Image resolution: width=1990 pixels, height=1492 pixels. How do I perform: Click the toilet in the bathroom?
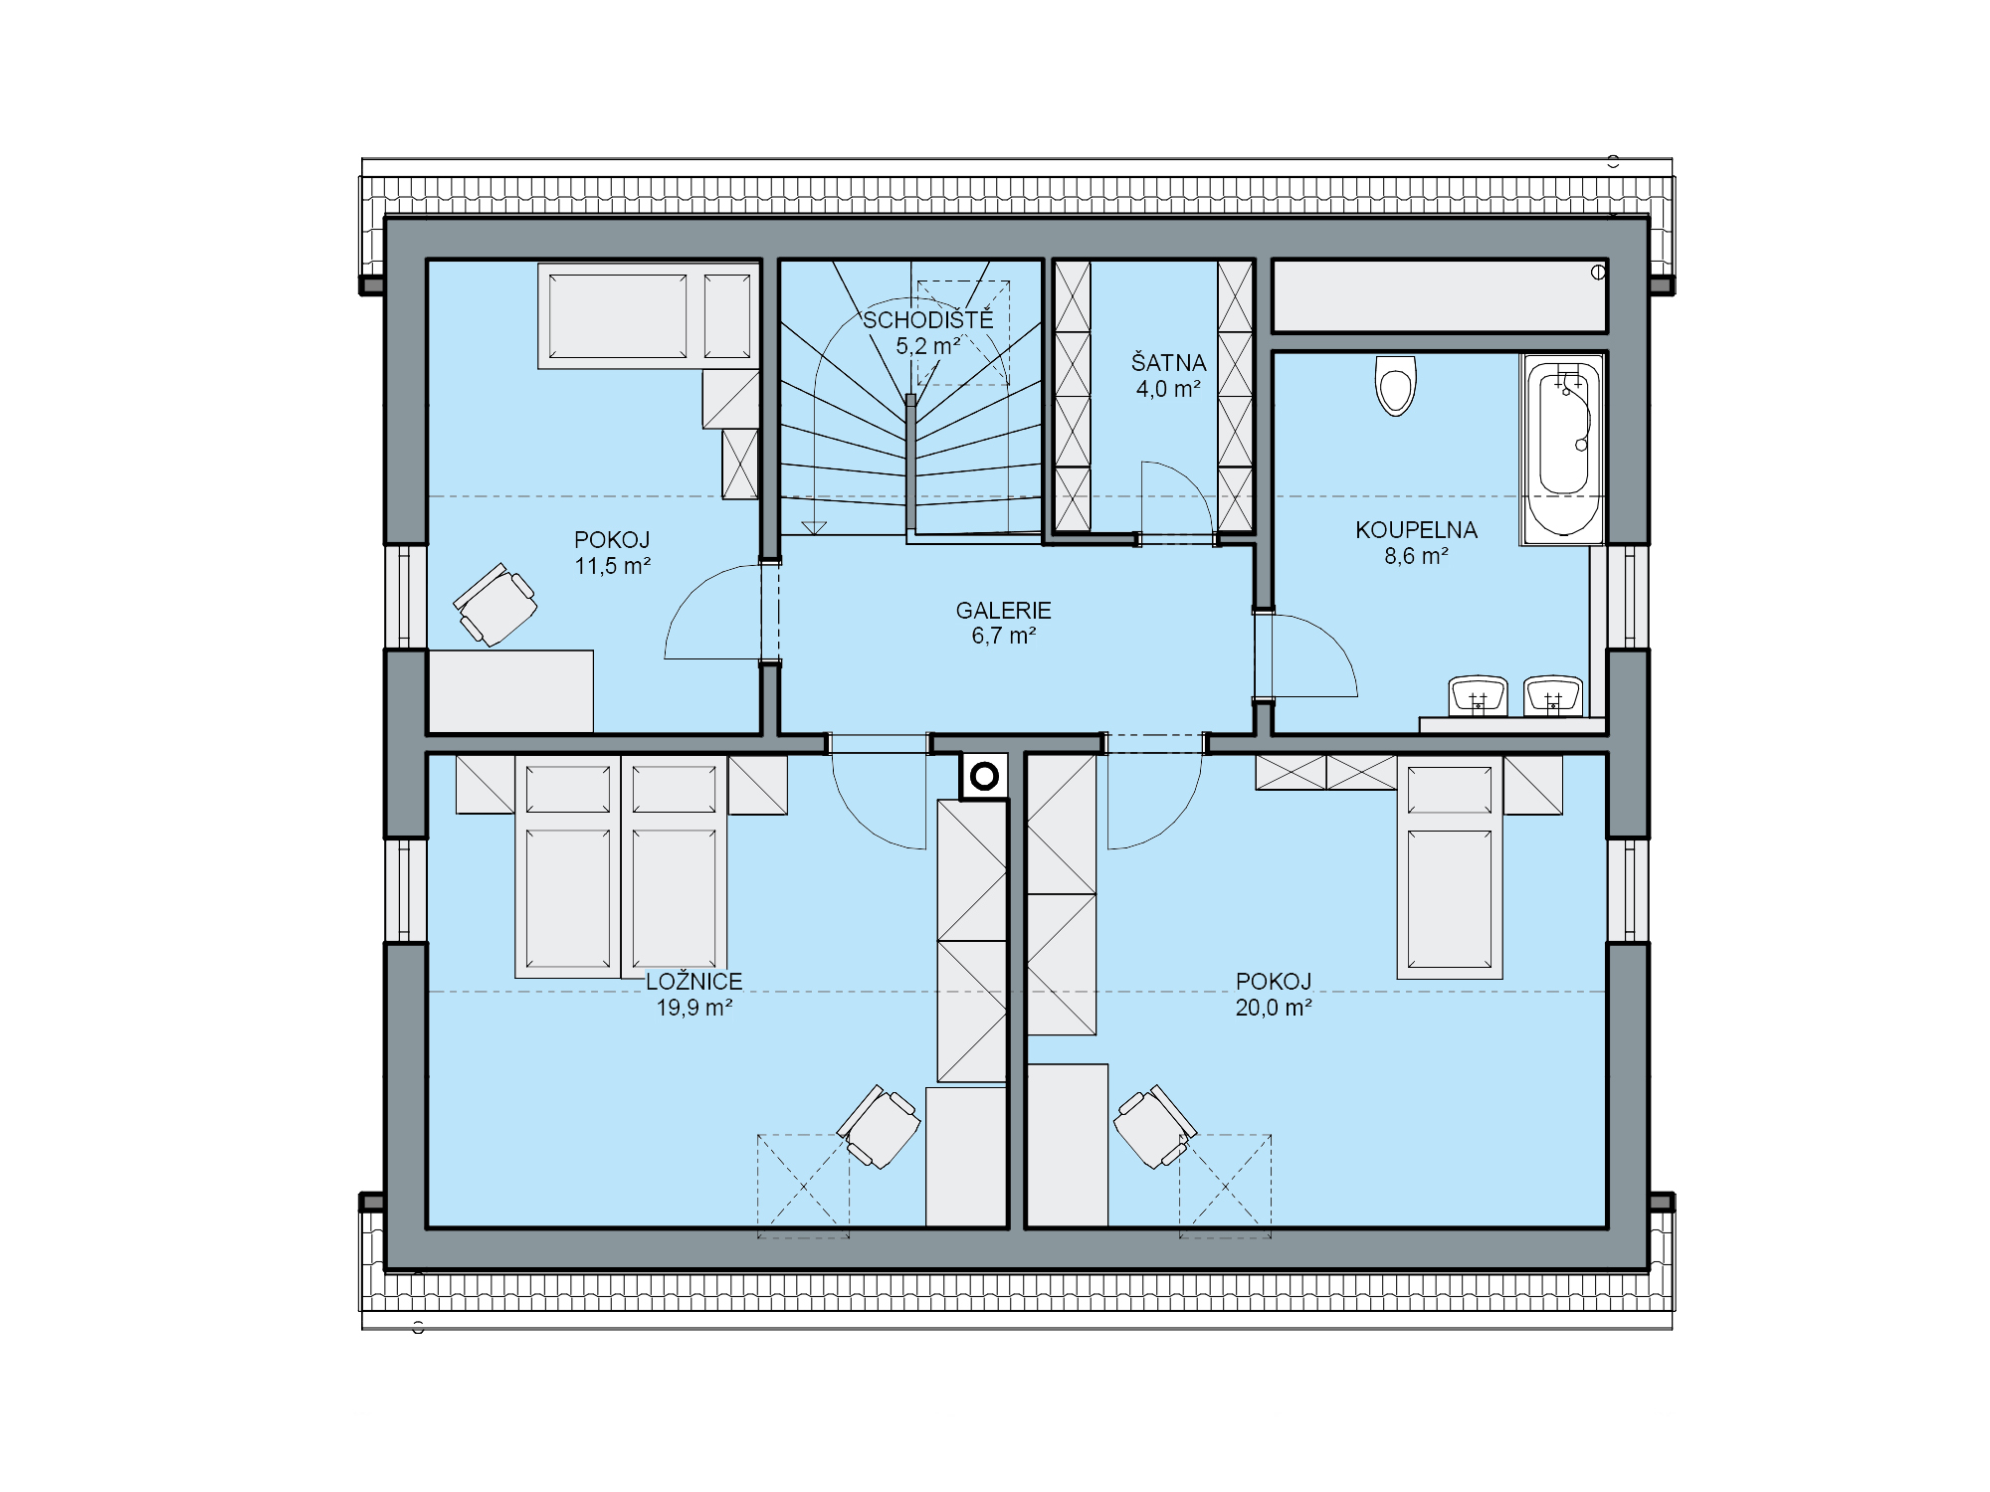[1395, 386]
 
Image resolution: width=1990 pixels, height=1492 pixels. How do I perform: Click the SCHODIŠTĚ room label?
[927, 320]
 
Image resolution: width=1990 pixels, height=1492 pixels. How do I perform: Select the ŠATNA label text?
[1168, 363]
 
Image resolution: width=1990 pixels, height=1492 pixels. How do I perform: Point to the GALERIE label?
[1003, 611]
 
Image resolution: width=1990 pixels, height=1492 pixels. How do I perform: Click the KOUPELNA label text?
[1416, 530]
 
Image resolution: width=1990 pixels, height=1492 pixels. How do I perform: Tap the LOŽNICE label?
[695, 982]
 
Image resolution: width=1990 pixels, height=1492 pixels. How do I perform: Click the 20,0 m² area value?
[1274, 1008]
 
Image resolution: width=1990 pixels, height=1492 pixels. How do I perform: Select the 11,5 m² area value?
[612, 566]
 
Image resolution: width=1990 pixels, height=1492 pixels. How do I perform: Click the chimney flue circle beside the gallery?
[984, 777]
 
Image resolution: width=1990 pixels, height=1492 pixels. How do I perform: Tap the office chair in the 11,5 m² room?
[495, 604]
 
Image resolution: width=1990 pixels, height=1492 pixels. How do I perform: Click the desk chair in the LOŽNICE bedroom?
[879, 1127]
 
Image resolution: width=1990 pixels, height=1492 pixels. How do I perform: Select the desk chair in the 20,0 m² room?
[1155, 1127]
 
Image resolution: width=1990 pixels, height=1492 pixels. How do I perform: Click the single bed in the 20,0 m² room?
[1450, 867]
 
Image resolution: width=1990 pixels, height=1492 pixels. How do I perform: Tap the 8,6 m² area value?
[1416, 556]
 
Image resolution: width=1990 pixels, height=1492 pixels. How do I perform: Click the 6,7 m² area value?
[1003, 637]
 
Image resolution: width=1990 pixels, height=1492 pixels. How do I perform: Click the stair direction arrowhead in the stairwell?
[815, 528]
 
